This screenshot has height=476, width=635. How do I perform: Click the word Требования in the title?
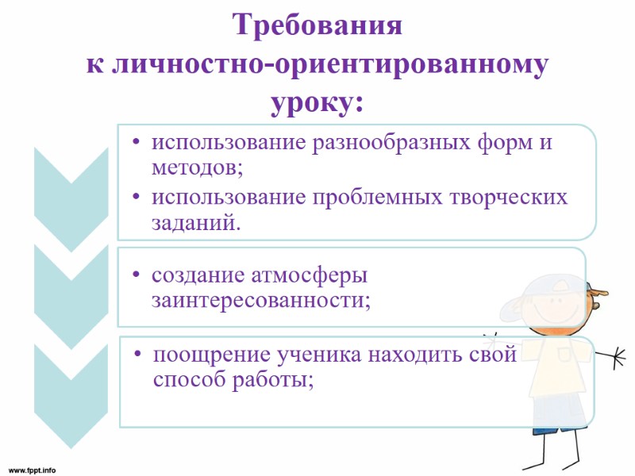click(317, 26)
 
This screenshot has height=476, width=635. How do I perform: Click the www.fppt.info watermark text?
click(33, 469)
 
